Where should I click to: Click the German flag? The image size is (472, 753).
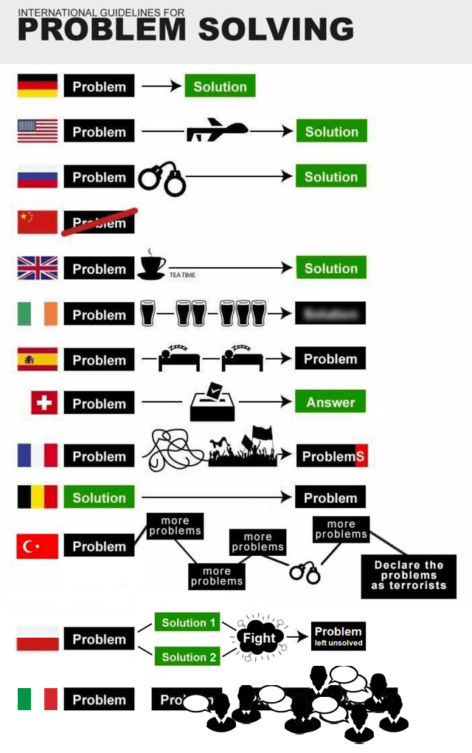(38, 86)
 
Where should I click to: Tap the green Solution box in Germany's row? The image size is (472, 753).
(220, 86)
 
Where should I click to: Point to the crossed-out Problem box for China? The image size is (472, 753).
(99, 222)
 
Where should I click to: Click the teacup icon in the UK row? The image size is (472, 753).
(152, 267)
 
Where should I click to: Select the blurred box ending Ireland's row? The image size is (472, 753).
(330, 313)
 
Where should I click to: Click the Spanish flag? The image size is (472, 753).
(38, 360)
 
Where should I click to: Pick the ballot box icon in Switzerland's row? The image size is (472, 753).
(212, 402)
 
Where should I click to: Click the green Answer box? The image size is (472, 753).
(330, 402)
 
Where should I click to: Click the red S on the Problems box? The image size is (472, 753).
(360, 456)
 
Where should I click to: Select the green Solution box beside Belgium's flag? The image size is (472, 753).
(99, 498)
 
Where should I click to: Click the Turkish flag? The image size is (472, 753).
(38, 546)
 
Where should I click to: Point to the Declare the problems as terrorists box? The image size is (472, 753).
(409, 576)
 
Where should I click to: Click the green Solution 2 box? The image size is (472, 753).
(189, 656)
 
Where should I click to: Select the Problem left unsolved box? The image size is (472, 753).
(338, 636)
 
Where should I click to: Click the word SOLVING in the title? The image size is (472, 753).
(276, 30)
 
